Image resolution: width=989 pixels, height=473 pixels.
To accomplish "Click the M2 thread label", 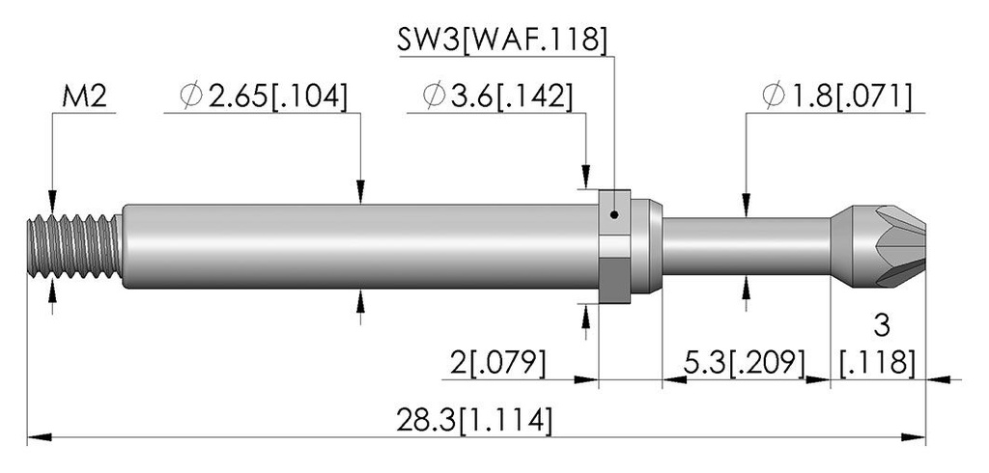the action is point(85,97).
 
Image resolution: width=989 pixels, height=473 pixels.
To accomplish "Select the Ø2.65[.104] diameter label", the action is point(263,97).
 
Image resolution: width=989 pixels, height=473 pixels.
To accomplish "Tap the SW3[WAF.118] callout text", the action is point(502,40).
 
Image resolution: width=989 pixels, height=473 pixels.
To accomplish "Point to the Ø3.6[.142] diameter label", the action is point(497,97).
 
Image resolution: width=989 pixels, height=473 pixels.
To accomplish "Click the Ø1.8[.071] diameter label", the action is point(836,97).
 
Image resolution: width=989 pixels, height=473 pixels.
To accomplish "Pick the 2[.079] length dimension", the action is point(497,363).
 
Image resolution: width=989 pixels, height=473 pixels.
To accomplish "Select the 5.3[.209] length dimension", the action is point(745,363).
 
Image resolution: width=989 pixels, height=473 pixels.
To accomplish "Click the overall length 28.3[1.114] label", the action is point(474,420).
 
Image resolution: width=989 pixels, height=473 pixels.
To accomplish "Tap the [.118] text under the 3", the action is point(878,363).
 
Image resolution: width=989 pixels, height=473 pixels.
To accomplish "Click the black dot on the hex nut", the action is point(614,215).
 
